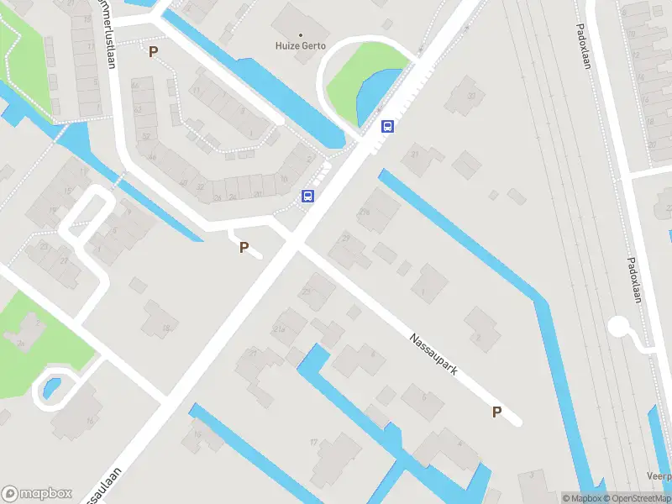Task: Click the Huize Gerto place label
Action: click(x=301, y=46)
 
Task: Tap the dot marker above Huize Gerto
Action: click(x=301, y=35)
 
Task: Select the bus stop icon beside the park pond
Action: click(x=388, y=127)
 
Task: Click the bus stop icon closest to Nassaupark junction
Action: click(x=308, y=197)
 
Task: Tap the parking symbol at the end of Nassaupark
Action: click(x=496, y=412)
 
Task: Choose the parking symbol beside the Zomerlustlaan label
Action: click(x=153, y=52)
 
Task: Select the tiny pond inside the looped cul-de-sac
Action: click(x=50, y=388)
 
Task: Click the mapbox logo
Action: click(x=35, y=493)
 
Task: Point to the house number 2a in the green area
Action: click(x=19, y=343)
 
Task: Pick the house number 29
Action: click(x=346, y=239)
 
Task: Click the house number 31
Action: click(x=414, y=151)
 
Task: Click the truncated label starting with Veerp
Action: click(x=659, y=475)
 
